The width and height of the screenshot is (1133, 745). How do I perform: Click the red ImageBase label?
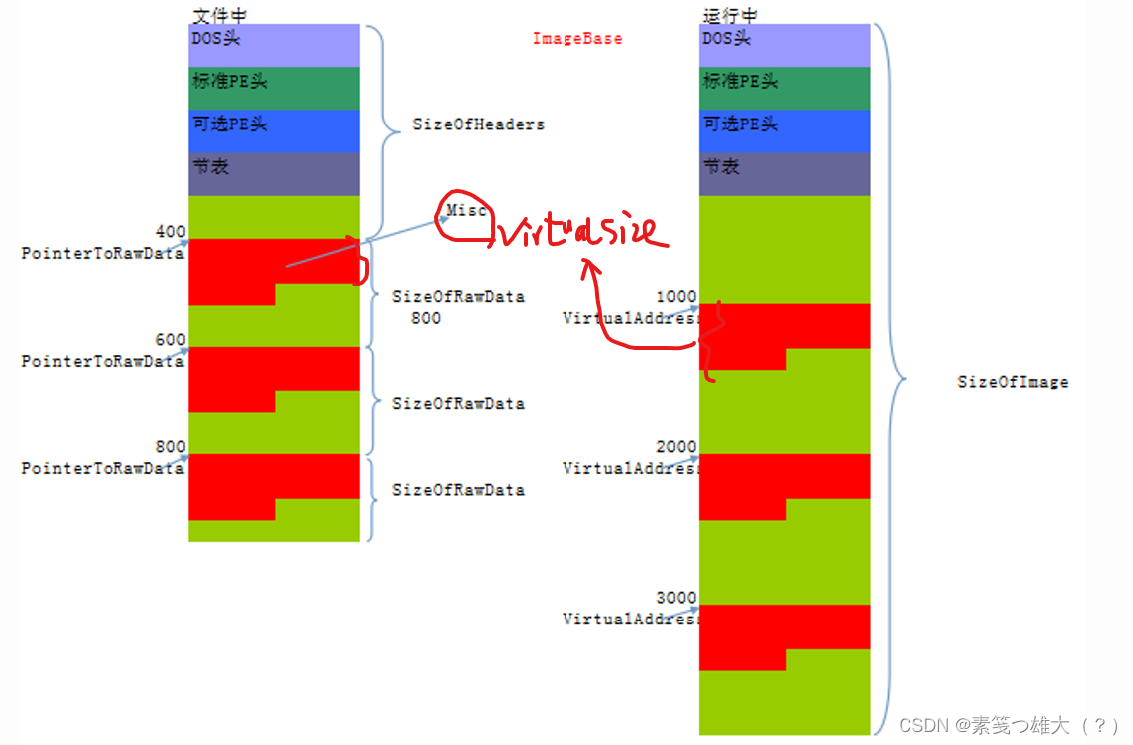click(577, 39)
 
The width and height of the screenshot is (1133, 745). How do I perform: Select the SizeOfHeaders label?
click(478, 125)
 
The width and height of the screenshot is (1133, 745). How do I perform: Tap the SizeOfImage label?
click(1013, 382)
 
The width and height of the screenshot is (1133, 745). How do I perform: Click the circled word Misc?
click(466, 210)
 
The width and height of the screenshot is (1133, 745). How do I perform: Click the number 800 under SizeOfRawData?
click(426, 318)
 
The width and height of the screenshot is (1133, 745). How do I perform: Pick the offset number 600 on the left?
click(171, 340)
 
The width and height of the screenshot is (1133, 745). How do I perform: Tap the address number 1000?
click(677, 297)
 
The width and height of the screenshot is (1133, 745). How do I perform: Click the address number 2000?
click(677, 447)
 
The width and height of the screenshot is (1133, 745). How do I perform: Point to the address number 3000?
click(677, 598)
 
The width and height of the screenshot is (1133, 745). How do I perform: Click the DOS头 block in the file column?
click(273, 45)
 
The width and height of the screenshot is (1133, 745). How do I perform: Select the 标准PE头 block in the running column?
click(785, 88)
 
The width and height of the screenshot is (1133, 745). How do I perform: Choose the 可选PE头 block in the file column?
click(273, 130)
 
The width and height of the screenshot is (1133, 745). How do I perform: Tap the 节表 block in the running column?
click(785, 174)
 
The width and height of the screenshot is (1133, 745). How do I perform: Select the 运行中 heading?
click(729, 14)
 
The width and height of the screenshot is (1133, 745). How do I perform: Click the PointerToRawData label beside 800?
click(103, 468)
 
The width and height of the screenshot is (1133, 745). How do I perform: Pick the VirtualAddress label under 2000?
click(630, 468)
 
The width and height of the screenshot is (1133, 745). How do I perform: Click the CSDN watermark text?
click(1008, 725)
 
